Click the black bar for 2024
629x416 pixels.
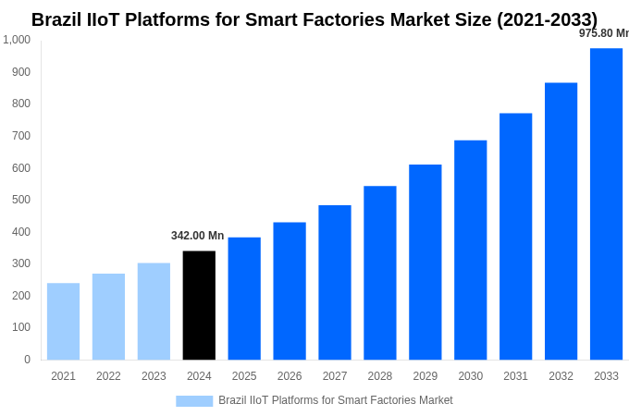click(199, 305)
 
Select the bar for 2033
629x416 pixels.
click(606, 203)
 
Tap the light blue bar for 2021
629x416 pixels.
click(63, 321)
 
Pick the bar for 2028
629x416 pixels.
click(379, 273)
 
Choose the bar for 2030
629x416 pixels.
click(470, 250)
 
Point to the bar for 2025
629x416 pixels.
click(244, 299)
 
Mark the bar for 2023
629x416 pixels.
click(154, 311)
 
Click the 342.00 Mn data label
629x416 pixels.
click(197, 236)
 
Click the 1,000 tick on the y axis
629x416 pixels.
click(17, 40)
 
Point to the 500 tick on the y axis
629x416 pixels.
click(21, 200)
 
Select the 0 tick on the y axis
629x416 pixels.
click(27, 360)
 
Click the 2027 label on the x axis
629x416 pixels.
click(335, 376)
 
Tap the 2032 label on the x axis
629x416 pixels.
click(561, 376)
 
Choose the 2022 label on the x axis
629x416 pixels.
click(108, 376)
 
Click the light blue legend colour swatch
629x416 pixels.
click(194, 401)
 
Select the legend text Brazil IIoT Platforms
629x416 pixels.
click(335, 400)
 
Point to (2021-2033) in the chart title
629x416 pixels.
click(547, 19)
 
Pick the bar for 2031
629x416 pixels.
click(515, 236)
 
